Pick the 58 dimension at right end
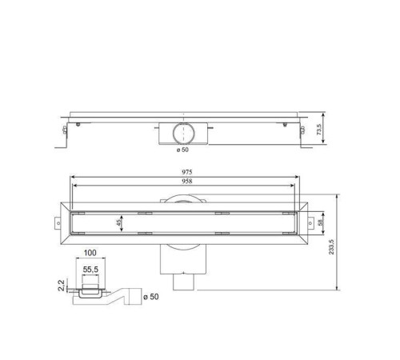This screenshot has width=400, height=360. click(x=322, y=224)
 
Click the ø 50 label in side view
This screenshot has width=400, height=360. click(x=183, y=149)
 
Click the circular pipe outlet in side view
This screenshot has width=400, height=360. click(x=184, y=131)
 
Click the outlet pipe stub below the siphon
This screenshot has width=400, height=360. click(x=185, y=282)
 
